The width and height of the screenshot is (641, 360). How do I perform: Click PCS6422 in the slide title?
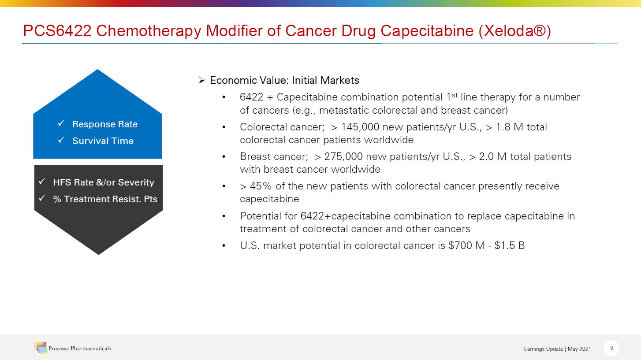(x=57, y=31)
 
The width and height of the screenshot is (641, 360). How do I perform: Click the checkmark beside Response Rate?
(x=62, y=124)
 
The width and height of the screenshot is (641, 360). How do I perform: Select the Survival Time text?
(x=103, y=141)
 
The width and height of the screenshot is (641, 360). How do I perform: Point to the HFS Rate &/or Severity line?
(x=104, y=182)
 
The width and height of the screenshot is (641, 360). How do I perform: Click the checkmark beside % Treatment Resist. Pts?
(x=42, y=199)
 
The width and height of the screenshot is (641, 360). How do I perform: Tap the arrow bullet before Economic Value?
(x=202, y=80)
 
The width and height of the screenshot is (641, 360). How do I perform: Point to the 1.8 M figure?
(x=510, y=127)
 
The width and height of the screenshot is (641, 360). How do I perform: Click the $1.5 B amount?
(x=510, y=245)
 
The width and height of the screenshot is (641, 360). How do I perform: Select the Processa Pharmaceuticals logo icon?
(x=41, y=348)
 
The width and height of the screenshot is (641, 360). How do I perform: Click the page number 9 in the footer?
(x=611, y=348)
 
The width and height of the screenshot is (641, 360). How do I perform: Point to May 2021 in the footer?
(x=579, y=349)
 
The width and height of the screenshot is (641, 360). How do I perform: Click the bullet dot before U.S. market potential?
(x=224, y=245)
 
